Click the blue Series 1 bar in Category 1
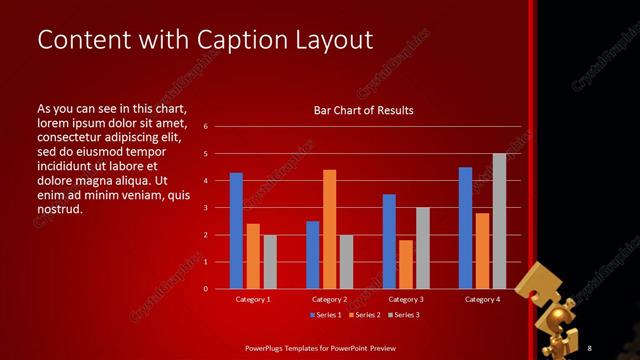tap(236, 231)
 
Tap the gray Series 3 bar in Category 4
tap(499, 221)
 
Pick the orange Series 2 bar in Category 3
tap(406, 264)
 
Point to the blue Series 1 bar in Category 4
tap(465, 228)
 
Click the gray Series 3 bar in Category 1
tap(270, 262)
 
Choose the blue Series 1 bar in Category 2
tap(313, 255)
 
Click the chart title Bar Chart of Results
tap(363, 110)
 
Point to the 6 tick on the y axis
tap(205, 127)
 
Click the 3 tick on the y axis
tap(205, 208)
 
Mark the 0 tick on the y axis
tap(205, 289)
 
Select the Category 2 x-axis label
tap(329, 299)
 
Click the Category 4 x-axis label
tap(482, 299)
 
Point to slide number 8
tap(590, 347)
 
